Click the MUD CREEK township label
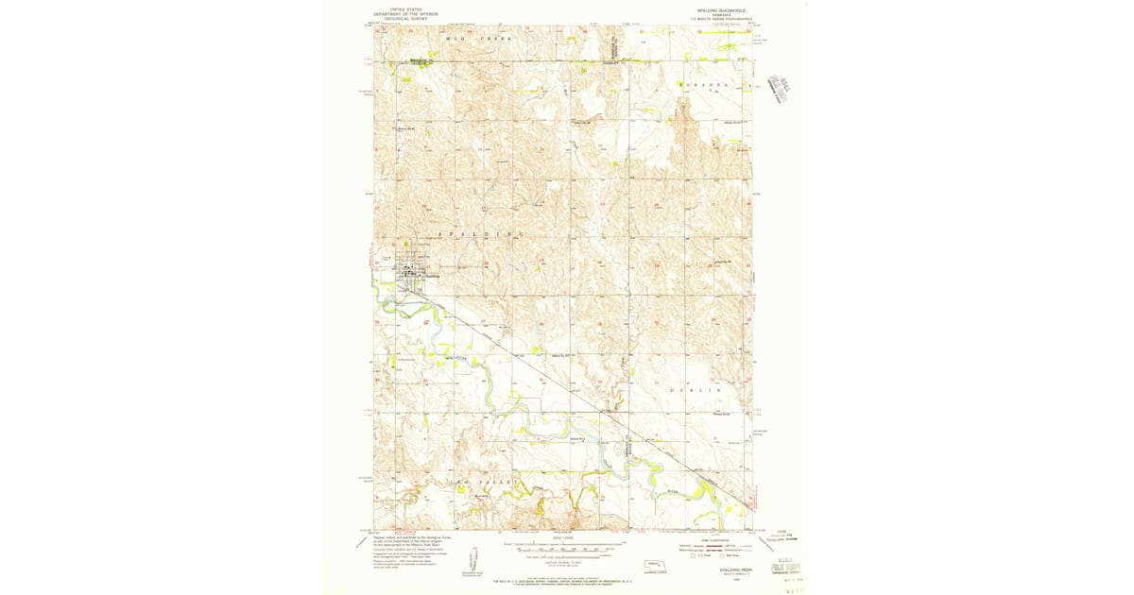click(477, 39)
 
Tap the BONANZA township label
click(704, 85)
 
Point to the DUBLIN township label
click(696, 389)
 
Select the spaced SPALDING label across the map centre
click(479, 233)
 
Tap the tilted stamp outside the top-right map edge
click(781, 85)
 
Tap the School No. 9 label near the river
click(577, 438)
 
